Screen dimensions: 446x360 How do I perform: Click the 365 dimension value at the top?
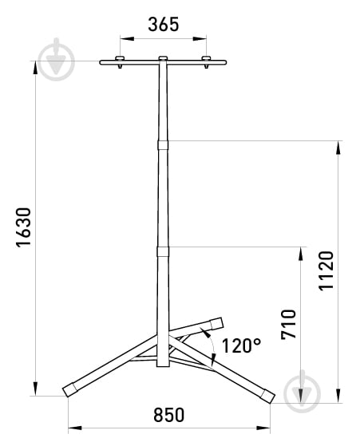coord(163,24)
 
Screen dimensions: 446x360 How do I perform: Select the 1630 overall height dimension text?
coord(24,227)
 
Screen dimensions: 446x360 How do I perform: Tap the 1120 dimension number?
coord(326,270)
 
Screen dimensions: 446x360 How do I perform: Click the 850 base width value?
coord(168,416)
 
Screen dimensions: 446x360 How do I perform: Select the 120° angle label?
coord(241,345)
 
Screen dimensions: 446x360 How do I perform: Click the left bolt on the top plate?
coord(121,60)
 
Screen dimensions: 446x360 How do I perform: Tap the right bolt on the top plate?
coord(207,60)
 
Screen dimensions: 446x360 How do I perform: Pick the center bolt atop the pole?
coord(164,58)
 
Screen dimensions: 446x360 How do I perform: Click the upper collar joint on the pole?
coord(163,144)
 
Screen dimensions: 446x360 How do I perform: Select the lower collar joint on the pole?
coord(163,251)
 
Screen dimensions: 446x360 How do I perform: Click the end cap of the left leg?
coord(69,389)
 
